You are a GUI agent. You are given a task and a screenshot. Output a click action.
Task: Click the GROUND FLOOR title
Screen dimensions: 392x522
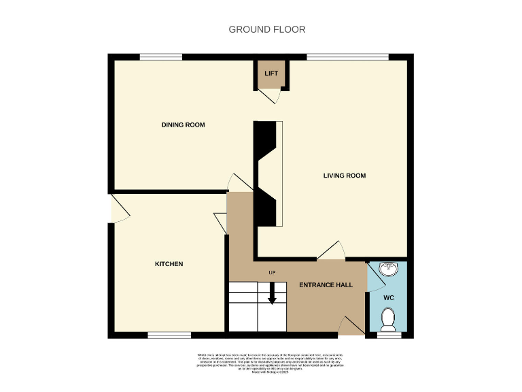click(x=266, y=29)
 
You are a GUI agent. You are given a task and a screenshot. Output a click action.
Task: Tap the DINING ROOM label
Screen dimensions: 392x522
click(x=183, y=125)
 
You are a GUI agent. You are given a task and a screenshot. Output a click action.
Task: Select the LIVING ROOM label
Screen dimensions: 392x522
click(x=344, y=176)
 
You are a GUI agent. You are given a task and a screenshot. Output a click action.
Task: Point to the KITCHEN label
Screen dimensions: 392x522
click(x=169, y=264)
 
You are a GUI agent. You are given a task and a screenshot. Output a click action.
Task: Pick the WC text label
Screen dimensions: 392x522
click(x=388, y=298)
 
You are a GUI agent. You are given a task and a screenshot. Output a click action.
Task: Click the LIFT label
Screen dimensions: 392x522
click(x=271, y=73)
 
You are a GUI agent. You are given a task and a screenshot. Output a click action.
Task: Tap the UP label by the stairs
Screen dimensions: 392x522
click(x=272, y=274)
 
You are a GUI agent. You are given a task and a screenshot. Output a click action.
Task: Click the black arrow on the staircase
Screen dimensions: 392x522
click(x=272, y=296)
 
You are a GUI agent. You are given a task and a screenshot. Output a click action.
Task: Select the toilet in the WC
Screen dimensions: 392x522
click(x=388, y=318)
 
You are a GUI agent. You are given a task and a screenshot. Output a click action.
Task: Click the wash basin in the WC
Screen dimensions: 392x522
click(x=389, y=269)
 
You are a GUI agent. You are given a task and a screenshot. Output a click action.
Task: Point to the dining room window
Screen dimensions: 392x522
click(x=161, y=56)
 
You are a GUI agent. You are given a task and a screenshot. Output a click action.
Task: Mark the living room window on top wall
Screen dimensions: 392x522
click(x=347, y=56)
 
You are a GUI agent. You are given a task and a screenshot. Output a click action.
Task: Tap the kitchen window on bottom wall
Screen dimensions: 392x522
click(x=169, y=335)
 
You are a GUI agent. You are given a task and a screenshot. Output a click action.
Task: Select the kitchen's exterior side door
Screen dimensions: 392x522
click(x=119, y=208)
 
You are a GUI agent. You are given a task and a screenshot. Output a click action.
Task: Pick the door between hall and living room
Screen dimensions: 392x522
click(x=332, y=252)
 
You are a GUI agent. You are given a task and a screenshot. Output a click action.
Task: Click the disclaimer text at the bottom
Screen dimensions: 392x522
click(x=270, y=363)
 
